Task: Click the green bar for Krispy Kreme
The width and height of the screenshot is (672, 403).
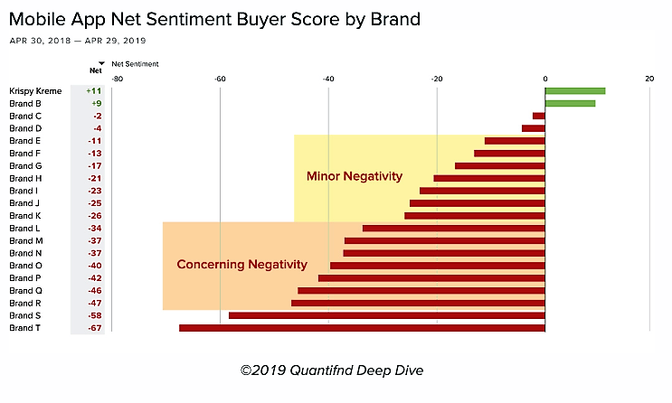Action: tap(575, 91)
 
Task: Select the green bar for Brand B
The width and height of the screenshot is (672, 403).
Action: tap(570, 103)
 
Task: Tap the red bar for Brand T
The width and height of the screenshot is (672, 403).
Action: tap(362, 328)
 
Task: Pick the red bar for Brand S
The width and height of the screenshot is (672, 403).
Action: tap(387, 315)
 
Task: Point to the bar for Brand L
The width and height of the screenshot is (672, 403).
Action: tap(453, 228)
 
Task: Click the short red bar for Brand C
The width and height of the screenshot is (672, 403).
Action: tap(539, 116)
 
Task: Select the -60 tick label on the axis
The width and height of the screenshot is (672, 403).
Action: tap(220, 78)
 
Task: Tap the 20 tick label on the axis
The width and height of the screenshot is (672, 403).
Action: tap(648, 78)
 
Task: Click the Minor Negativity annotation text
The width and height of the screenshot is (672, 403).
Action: tap(354, 176)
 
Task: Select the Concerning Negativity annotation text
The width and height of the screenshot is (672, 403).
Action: tap(241, 265)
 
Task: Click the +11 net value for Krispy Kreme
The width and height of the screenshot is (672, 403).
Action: tap(93, 91)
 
